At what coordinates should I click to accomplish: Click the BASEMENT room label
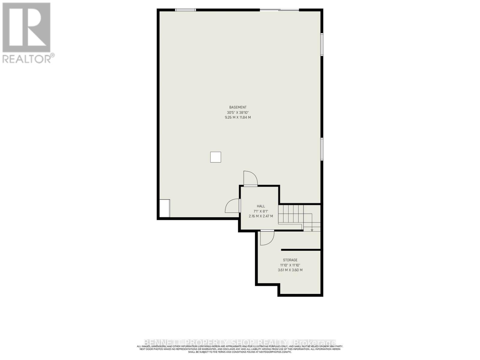click(238, 107)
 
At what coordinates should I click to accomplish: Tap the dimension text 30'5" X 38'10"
click(238, 112)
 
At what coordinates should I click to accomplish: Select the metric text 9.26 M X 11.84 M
click(238, 117)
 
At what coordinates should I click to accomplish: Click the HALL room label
click(261, 206)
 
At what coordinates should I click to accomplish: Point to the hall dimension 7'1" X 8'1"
click(261, 211)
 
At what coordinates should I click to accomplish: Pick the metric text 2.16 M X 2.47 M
click(261, 216)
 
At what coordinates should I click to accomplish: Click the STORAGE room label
click(290, 260)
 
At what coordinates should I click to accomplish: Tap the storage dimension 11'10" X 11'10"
click(290, 265)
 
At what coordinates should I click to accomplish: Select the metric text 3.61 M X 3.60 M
click(290, 270)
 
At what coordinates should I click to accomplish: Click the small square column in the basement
click(215, 157)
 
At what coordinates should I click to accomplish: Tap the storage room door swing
click(267, 238)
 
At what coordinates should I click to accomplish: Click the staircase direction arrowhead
click(312, 230)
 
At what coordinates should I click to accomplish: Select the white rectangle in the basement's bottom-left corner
click(164, 208)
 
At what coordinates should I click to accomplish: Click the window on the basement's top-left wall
click(185, 10)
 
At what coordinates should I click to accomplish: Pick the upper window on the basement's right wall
click(322, 44)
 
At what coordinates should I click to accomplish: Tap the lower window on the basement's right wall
click(322, 149)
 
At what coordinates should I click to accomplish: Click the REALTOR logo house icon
click(26, 28)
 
